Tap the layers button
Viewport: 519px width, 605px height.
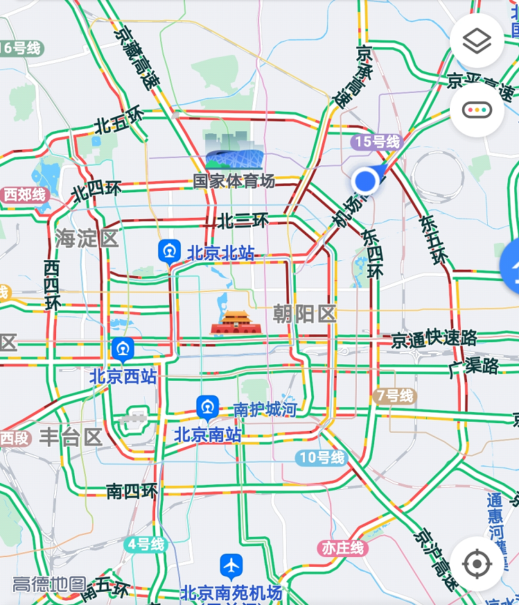tap(477, 41)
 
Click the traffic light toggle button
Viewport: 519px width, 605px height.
tap(477, 110)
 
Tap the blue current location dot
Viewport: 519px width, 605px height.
tap(364, 181)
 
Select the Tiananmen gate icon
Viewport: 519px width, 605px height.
tap(234, 321)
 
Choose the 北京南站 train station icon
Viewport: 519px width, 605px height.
tap(207, 408)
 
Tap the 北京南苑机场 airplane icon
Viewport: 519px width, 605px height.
tap(231, 567)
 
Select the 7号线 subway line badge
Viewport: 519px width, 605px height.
tap(394, 396)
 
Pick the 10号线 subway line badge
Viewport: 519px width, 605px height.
tap(321, 458)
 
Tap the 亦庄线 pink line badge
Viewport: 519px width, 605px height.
tap(342, 548)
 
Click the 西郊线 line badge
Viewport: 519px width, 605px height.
tap(26, 195)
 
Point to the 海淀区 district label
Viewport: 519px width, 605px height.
tap(88, 238)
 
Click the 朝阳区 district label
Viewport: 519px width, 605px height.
tap(305, 314)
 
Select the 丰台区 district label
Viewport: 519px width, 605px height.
tap(71, 437)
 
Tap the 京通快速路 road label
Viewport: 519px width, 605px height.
tap(434, 339)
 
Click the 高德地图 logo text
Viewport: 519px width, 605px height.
tap(49, 585)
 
